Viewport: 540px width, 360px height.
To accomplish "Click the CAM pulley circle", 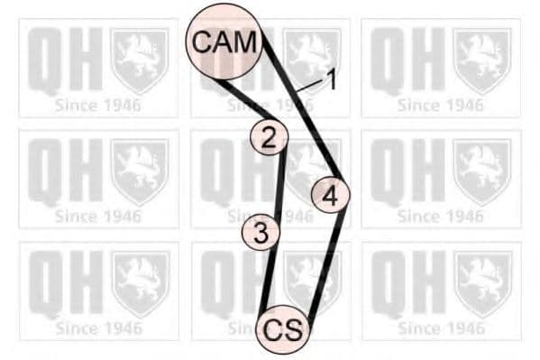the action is (223, 41).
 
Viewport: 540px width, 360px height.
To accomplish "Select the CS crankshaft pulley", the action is (283, 329).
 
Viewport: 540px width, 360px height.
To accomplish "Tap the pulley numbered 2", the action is (269, 137).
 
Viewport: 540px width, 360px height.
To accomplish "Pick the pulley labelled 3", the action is (261, 234).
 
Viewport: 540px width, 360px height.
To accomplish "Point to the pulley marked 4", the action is (330, 194).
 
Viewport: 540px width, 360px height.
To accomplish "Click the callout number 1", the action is (331, 80).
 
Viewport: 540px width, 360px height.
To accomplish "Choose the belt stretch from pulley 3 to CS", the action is (269, 280).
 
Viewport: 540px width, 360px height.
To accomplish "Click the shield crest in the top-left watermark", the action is (139, 60).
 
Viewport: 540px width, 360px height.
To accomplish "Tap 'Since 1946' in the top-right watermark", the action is (440, 106).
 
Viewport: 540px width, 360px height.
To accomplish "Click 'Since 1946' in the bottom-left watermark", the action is (98, 328).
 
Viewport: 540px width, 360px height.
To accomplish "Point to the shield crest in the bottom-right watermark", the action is (481, 282).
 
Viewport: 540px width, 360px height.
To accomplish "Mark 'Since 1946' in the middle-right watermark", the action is (440, 217).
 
